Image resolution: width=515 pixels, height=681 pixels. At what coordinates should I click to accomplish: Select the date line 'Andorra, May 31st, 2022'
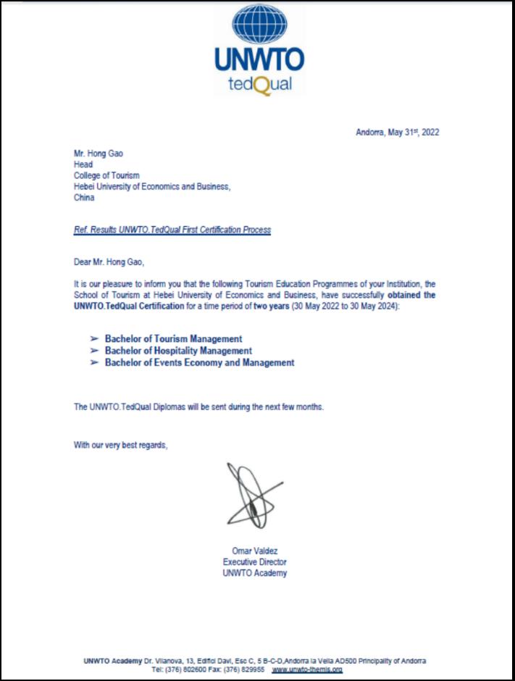click(x=397, y=132)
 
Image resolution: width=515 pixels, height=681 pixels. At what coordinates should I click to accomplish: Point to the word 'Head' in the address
click(x=83, y=164)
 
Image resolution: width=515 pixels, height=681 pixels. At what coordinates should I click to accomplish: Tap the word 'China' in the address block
click(x=84, y=198)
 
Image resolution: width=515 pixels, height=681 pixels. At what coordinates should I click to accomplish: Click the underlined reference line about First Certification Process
click(x=172, y=230)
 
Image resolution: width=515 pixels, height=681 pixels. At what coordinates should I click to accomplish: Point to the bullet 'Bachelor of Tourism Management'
click(x=173, y=338)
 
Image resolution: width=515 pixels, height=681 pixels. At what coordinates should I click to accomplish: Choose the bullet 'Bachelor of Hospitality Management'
click(x=178, y=351)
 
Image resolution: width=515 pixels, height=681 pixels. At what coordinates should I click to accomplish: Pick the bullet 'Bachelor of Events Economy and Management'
click(x=199, y=363)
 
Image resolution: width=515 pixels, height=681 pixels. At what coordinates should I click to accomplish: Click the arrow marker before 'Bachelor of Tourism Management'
click(x=93, y=338)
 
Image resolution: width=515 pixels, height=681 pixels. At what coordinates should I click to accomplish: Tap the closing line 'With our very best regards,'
click(x=120, y=445)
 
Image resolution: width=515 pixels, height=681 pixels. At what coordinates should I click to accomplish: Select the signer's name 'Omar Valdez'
click(x=254, y=551)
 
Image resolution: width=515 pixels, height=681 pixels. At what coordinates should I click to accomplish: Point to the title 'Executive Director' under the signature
click(x=254, y=562)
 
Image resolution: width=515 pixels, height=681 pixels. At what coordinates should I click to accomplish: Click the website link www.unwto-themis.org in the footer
click(x=307, y=670)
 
